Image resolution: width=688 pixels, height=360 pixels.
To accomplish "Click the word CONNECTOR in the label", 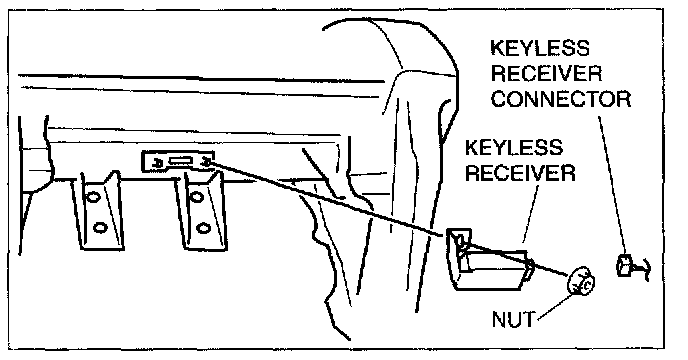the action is pos(561,99).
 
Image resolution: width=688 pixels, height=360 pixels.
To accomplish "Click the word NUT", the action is pos(513,319).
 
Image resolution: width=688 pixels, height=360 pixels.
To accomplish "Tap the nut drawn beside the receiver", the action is pos(581,282).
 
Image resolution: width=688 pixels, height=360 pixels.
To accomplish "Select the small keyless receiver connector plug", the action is pos(625,266).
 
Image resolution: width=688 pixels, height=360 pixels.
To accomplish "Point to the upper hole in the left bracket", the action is pos(93,197).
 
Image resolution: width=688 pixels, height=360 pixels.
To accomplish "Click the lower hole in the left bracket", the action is pos(100,228).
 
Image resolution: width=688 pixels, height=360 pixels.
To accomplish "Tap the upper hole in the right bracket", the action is pos(196,197).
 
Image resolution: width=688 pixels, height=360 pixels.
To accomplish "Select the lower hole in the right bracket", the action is pos(202,228).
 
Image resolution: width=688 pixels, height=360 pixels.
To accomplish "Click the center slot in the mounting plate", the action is pos(179,161).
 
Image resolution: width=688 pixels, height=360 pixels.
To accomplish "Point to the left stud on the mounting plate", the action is pos(157,163).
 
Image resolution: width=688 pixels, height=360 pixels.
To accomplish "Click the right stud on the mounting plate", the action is pos(205,162).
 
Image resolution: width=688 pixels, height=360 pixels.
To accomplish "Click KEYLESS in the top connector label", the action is pos(540,48).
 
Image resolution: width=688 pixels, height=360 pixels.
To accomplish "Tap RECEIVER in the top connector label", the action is pos(546,73).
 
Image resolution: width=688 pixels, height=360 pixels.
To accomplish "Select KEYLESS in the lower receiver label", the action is pos(514,148).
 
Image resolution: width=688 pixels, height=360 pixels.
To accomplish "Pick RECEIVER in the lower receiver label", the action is pos(520,173).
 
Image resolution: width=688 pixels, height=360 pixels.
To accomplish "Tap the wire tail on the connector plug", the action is pos(642,268).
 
